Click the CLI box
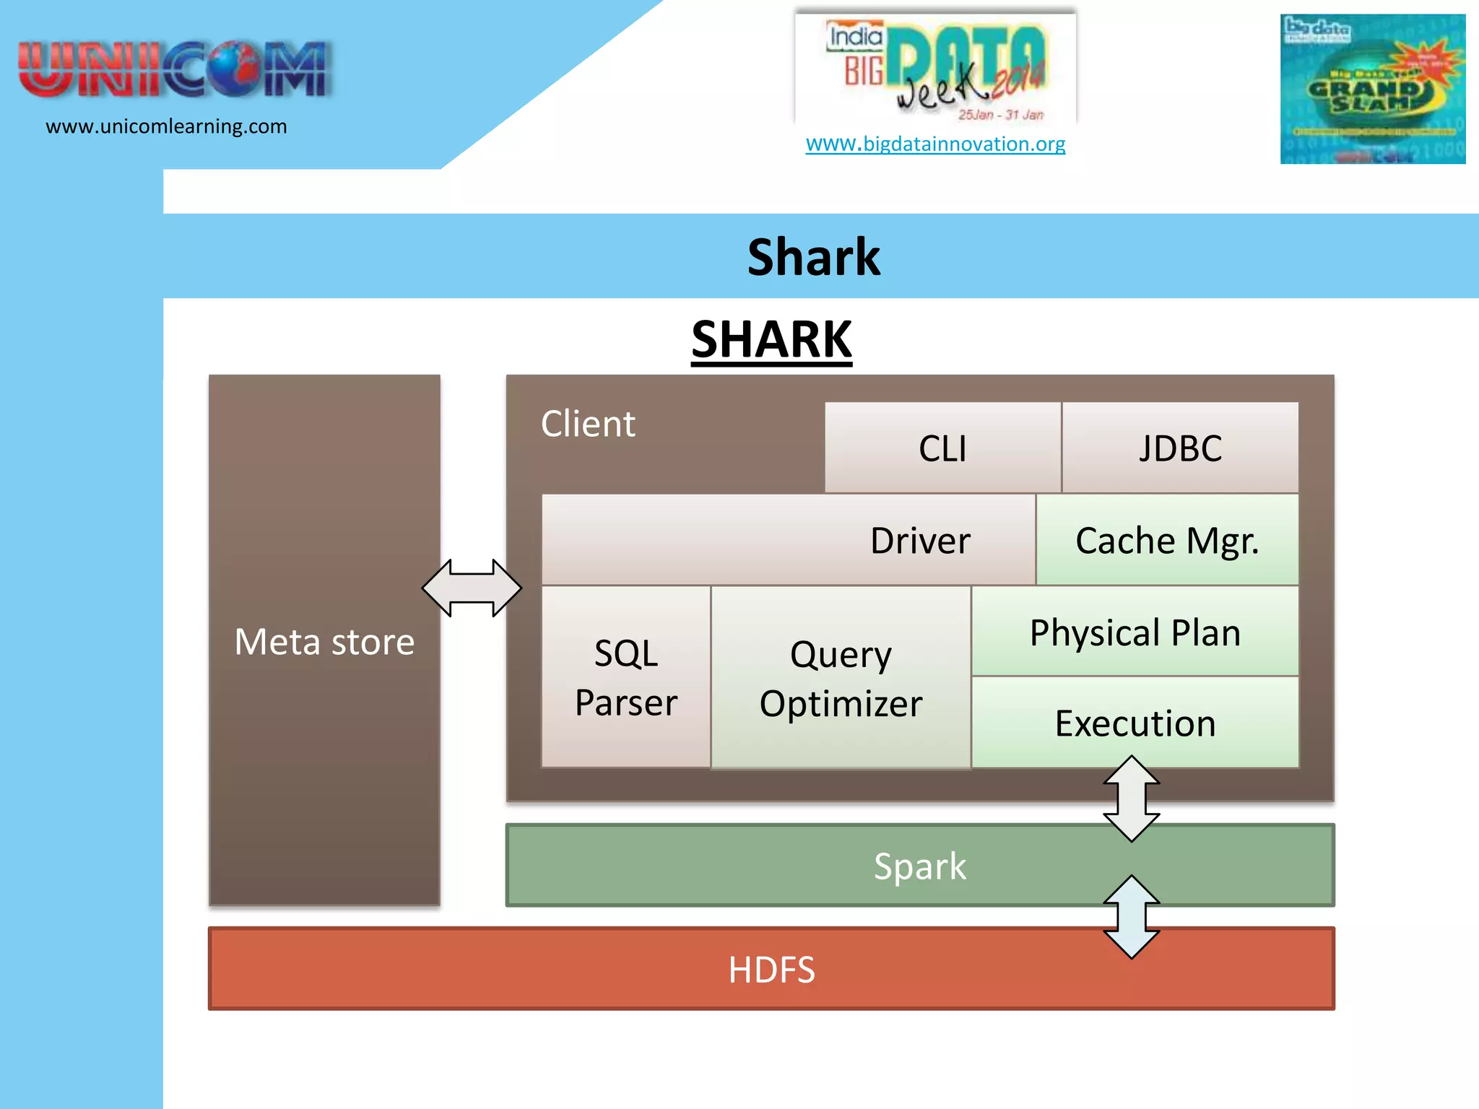(x=942, y=448)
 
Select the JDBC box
(x=1180, y=448)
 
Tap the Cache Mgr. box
(x=1167, y=540)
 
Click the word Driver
(x=920, y=541)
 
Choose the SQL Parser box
(x=626, y=677)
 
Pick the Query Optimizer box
(x=841, y=678)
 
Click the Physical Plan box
(x=1135, y=632)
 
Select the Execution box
(x=1135, y=723)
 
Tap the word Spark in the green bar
(x=919, y=866)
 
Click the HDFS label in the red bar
(x=771, y=970)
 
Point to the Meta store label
(x=324, y=641)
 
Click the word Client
(x=588, y=424)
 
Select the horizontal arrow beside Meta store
(x=472, y=588)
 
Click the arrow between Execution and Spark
(x=1132, y=799)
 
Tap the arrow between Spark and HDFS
(x=1132, y=917)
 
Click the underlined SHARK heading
(x=771, y=339)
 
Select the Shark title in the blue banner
(x=814, y=257)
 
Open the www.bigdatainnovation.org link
(x=935, y=144)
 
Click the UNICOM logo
(x=174, y=69)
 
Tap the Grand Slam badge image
(x=1372, y=90)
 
